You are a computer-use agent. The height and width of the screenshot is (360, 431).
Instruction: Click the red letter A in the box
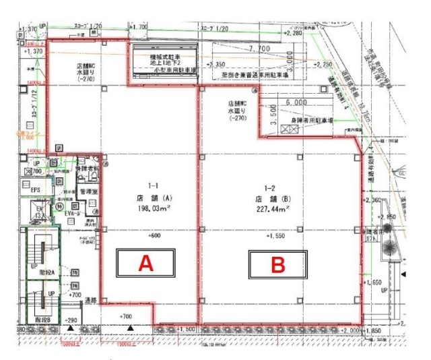[146, 264]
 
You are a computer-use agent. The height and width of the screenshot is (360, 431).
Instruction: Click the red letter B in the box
[277, 264]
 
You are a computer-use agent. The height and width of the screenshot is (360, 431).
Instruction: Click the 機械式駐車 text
[164, 59]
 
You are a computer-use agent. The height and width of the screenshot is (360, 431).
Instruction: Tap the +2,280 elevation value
[293, 32]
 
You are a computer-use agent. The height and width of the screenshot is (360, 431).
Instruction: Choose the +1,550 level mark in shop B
[277, 237]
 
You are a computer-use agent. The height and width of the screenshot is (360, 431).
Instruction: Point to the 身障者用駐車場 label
[312, 120]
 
